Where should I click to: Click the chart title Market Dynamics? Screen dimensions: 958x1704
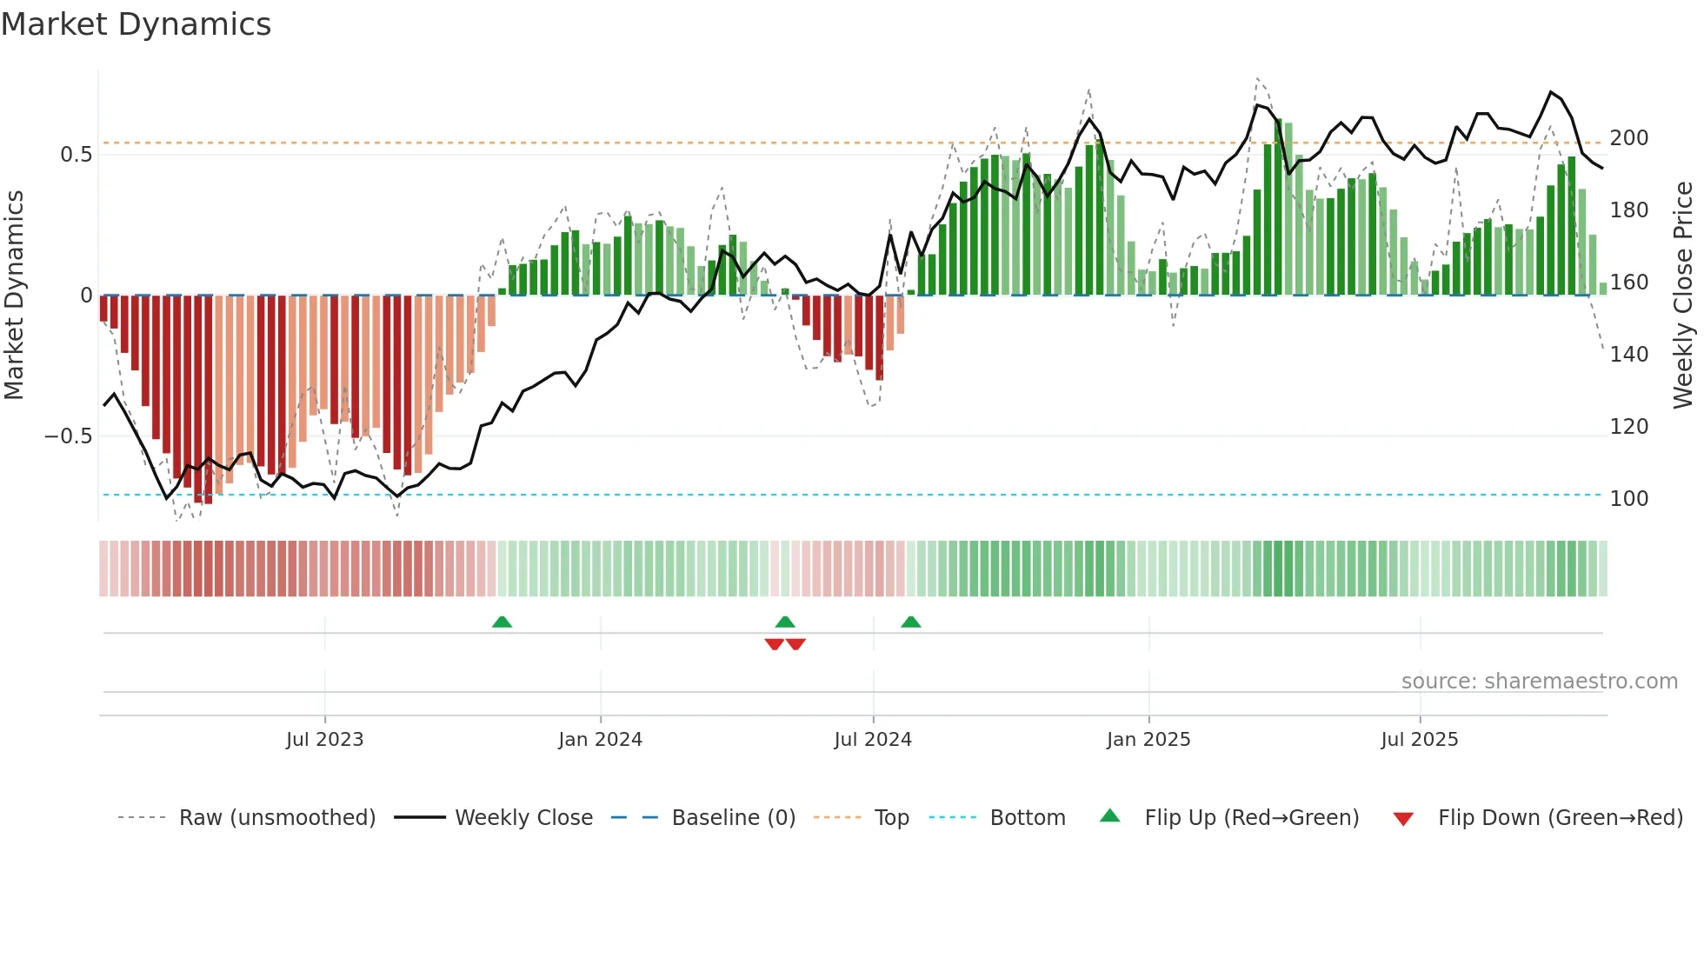pyautogui.click(x=136, y=24)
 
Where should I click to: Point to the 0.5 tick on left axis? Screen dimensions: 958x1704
pyautogui.click(x=76, y=155)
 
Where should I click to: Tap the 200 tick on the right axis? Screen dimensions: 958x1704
pyautogui.click(x=1628, y=138)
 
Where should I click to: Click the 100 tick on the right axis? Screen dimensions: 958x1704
pyautogui.click(x=1628, y=499)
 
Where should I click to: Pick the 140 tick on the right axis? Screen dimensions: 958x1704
pyautogui.click(x=1628, y=355)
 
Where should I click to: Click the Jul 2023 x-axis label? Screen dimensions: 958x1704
pyautogui.click(x=324, y=740)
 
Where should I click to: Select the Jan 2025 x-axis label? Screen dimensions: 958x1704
pyautogui.click(x=1148, y=740)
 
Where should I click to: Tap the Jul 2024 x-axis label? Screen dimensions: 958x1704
pyautogui.click(x=872, y=740)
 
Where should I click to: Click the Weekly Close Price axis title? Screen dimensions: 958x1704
pyautogui.click(x=1683, y=296)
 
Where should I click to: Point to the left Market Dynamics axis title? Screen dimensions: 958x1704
pyautogui.click(x=14, y=296)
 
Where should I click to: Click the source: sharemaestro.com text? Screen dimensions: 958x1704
pyautogui.click(x=1539, y=682)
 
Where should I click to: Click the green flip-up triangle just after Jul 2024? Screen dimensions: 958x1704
pyautogui.click(x=910, y=622)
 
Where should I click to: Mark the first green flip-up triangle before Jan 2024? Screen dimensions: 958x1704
pyautogui.click(x=502, y=622)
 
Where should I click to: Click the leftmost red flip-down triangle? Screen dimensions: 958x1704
pyautogui.click(x=774, y=644)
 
